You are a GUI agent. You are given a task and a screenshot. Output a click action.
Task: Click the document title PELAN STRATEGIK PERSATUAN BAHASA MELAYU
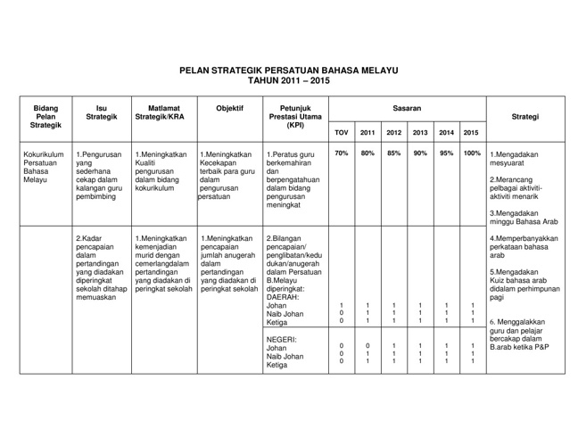[288, 70]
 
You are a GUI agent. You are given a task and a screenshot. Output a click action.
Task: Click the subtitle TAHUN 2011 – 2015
[288, 80]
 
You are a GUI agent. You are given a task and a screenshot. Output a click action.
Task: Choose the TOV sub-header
[341, 133]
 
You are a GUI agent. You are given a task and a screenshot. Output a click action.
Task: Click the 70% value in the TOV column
[341, 153]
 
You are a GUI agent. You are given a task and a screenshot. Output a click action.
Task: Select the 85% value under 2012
[393, 153]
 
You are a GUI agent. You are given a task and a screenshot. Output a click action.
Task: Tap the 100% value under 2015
[473, 153]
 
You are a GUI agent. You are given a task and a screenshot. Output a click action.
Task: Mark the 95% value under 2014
[447, 153]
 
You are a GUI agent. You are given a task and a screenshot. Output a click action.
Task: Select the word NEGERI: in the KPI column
[281, 340]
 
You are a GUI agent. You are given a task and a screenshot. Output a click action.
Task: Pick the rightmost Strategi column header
[529, 115]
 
